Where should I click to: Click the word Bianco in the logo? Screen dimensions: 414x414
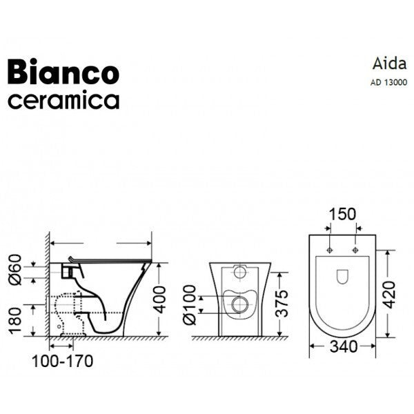point(63,72)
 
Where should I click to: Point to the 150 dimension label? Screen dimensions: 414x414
point(343,215)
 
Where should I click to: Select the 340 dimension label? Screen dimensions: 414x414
point(343,346)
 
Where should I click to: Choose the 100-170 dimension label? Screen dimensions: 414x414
point(61,361)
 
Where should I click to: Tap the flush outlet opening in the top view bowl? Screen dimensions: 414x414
point(343,277)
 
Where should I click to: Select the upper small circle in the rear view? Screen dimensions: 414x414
point(239,271)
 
